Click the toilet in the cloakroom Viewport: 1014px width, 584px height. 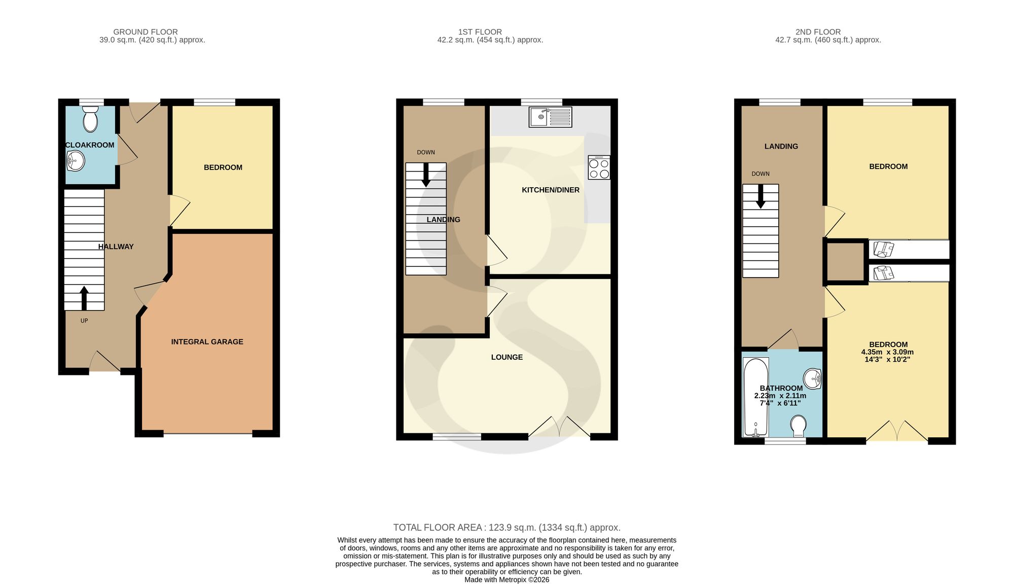click(90, 119)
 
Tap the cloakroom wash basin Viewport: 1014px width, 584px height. click(75, 162)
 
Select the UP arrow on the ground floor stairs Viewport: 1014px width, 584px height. click(84, 298)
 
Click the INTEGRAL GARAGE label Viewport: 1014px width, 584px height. click(207, 341)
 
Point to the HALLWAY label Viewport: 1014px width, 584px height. click(116, 247)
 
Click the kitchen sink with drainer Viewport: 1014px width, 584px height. click(550, 117)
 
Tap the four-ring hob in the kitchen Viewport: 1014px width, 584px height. click(599, 167)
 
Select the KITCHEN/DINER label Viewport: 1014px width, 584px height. click(551, 190)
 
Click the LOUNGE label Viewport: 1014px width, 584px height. click(507, 357)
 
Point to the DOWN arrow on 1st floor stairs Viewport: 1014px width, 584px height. click(426, 175)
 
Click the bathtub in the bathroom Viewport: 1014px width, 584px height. click(755, 397)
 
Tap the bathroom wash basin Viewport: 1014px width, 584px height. click(812, 378)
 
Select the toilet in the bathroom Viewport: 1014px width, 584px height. click(799, 426)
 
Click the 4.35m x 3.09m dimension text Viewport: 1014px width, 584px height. click(887, 352)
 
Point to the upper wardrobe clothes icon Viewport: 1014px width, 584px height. click(883, 249)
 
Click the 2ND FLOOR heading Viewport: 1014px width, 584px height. click(818, 32)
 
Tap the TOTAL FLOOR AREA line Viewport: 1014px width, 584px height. click(507, 528)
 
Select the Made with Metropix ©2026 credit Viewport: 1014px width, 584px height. click(507, 579)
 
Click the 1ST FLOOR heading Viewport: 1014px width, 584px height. click(480, 32)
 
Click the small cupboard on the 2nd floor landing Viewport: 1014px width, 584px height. click(846, 262)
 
